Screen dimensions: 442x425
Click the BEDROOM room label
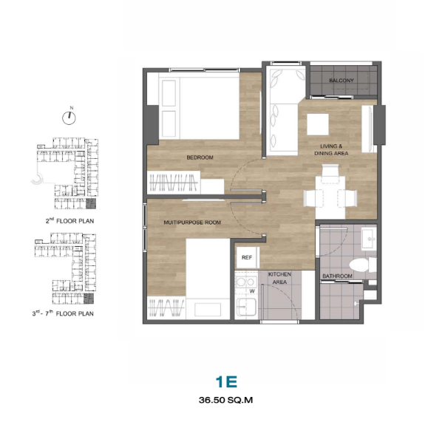click(200, 157)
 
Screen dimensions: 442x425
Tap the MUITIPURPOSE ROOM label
click(192, 222)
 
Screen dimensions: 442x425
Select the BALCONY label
click(341, 81)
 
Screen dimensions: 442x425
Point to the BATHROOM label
click(337, 276)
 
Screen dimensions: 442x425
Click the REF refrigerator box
click(247, 257)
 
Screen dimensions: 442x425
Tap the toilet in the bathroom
click(363, 265)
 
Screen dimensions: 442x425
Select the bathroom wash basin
click(369, 239)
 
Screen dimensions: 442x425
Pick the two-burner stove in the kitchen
click(246, 282)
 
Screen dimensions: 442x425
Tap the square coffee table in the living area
click(318, 124)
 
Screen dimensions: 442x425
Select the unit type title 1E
click(226, 382)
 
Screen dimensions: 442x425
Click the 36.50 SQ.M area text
click(225, 400)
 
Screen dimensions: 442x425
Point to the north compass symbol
click(69, 116)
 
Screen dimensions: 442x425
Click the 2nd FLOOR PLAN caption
click(69, 221)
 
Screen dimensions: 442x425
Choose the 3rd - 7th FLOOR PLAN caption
click(63, 313)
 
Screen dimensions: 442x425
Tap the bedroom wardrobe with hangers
click(174, 183)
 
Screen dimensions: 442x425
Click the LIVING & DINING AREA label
click(331, 149)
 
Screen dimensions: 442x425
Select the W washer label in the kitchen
click(252, 291)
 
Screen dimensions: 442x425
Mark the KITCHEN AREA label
click(279, 278)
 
